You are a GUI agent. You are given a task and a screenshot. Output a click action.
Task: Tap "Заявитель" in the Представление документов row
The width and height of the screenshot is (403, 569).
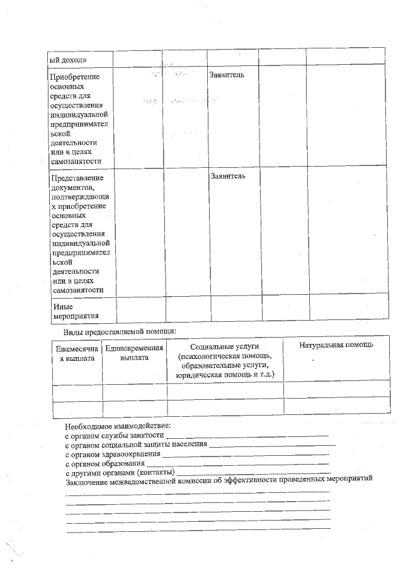coord(228,175)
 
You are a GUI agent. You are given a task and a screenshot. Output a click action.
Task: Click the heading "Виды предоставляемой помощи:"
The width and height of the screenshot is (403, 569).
coord(119,331)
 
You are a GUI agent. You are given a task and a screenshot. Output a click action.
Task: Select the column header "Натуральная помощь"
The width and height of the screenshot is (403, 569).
coord(336,345)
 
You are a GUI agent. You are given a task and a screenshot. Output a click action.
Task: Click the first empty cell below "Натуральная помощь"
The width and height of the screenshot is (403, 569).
coord(336,390)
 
